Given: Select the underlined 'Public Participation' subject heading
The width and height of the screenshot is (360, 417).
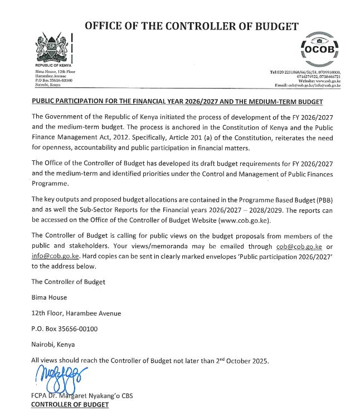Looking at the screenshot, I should [177, 102].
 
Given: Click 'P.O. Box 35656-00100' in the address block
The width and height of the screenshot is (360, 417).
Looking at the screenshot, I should [65, 329].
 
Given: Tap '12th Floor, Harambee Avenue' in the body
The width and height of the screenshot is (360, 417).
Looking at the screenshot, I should [76, 313].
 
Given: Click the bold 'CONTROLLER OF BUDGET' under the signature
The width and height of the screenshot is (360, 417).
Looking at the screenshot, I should [70, 405].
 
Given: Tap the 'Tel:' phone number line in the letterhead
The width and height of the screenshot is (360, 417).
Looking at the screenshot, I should [305, 73].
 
